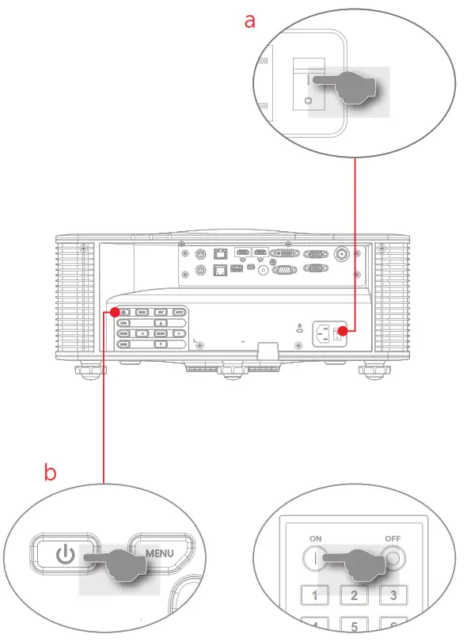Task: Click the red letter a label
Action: [250, 21]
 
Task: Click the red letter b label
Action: [50, 473]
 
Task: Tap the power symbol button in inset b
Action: [66, 554]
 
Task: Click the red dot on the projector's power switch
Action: [344, 331]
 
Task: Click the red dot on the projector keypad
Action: [116, 313]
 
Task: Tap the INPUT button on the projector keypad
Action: [180, 313]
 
